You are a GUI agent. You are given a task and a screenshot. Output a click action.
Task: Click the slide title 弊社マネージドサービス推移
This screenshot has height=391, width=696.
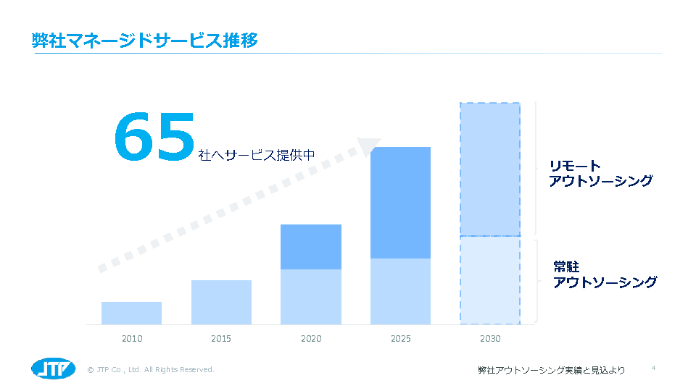(x=145, y=40)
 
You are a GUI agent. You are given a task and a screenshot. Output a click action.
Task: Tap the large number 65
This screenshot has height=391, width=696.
(x=155, y=136)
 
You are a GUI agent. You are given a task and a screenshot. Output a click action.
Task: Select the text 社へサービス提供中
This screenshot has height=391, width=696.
(x=257, y=155)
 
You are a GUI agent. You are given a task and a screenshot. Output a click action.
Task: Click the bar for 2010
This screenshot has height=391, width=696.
(x=131, y=313)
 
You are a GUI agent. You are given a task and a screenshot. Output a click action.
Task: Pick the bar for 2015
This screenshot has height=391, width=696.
(x=221, y=302)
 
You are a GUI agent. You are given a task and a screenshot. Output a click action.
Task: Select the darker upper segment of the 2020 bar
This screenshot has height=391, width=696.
(x=311, y=247)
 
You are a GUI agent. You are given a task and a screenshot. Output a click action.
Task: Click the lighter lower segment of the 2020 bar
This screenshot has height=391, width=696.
(x=311, y=297)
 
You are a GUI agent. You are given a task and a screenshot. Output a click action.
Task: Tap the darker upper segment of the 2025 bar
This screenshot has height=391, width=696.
(x=400, y=203)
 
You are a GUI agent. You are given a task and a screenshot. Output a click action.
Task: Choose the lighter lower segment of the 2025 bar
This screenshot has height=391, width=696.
(x=400, y=291)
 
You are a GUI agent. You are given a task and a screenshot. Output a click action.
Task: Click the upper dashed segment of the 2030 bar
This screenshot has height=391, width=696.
(x=490, y=169)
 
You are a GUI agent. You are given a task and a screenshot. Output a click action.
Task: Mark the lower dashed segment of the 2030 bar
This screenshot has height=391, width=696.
(x=490, y=280)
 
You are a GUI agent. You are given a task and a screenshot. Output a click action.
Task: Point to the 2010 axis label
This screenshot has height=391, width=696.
(x=132, y=338)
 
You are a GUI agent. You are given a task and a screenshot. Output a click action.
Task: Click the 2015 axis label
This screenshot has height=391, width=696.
(x=221, y=338)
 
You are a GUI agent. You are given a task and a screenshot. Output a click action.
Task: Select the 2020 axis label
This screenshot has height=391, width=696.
(x=311, y=338)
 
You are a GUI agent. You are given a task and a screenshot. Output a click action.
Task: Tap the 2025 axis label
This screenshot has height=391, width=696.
(x=400, y=338)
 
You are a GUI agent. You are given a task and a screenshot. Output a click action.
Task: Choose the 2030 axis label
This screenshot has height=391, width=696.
(x=490, y=338)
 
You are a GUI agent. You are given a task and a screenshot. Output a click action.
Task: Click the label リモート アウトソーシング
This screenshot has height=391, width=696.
(x=600, y=174)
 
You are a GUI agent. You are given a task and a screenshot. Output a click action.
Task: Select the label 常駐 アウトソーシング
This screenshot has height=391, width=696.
(x=605, y=275)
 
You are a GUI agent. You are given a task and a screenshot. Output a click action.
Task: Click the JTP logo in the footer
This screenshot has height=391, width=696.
(x=53, y=369)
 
